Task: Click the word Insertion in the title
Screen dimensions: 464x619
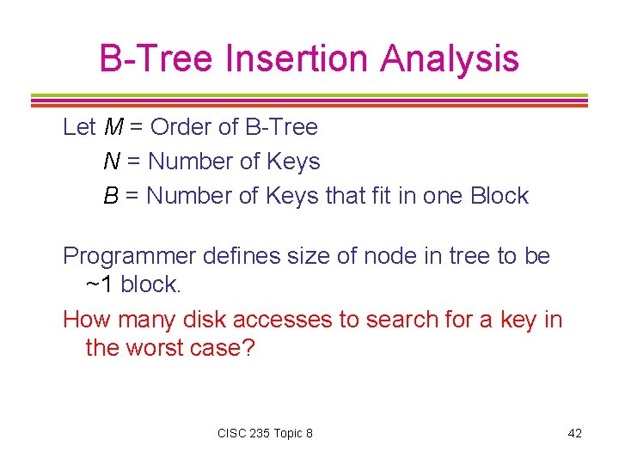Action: coord(297,59)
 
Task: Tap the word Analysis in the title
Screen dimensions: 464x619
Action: coord(450,59)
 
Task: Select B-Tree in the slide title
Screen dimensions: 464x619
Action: coord(156,59)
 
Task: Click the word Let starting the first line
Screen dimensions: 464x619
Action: coord(79,127)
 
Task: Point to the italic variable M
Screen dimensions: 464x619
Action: coord(113,127)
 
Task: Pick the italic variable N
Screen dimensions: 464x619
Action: coord(112,162)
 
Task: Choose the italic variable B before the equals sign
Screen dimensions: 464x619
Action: coord(111,196)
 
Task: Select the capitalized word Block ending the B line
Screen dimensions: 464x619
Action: coord(499,196)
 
